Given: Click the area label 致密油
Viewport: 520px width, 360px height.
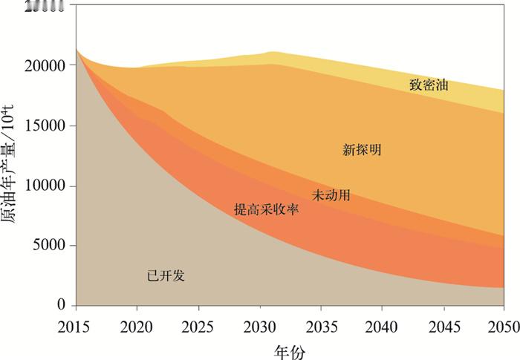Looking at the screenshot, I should pos(429,85).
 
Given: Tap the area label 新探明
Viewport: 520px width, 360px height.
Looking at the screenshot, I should pos(362,150).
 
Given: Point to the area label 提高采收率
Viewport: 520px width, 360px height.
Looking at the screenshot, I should pos(266,210).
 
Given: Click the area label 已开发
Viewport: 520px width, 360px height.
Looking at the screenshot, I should pos(166,275).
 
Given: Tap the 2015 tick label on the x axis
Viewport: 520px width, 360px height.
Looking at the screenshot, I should pos(75,324).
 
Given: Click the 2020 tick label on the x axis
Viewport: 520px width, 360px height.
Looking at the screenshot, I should pos(137,324).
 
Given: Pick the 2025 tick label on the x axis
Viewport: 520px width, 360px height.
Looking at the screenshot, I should pos(198,324).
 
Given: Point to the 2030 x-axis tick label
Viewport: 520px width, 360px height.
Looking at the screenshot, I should pos(260,324).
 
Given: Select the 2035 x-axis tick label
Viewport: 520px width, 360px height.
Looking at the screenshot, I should pos(321,324).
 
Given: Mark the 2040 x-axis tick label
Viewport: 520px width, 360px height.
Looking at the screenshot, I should pos(383,324).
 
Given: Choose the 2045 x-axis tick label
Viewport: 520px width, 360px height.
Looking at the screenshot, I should pos(444,324).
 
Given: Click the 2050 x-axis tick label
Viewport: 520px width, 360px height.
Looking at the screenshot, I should pos(504,324).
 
